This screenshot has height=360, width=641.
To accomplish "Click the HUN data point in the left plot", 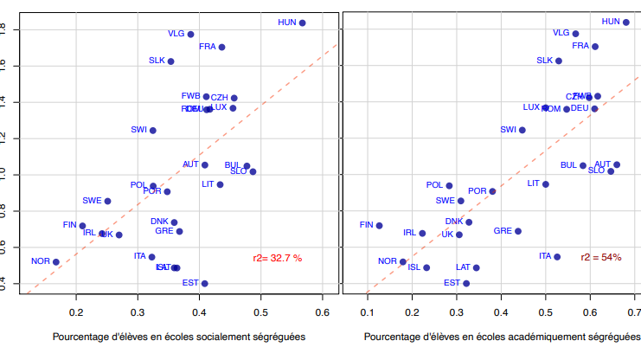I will coord(302,22).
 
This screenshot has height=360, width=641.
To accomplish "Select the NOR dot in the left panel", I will coord(56,261).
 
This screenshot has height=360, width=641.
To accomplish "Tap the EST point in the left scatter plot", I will coord(204,283).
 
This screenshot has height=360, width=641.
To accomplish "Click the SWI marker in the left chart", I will coord(153,130).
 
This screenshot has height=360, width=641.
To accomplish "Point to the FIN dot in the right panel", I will coord(379,225).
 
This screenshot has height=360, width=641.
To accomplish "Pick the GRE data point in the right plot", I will coord(518,231).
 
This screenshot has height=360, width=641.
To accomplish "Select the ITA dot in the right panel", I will coord(557,257).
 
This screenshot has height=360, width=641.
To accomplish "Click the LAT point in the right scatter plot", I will coord(476,267).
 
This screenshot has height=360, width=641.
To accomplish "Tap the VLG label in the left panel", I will coord(176,34).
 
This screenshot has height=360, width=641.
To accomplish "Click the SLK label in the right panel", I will coord(544,61).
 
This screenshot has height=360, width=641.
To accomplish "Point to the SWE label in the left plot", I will coord(92,201).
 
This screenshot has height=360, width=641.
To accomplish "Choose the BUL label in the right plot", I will coord(568,164).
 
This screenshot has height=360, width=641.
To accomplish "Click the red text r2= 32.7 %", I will coord(278,258).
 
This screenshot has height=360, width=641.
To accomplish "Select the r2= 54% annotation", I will coord(601,258).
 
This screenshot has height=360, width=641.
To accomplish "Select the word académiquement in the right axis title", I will coord(524,337).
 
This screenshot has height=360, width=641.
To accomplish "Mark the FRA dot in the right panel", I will coord(594,46).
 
